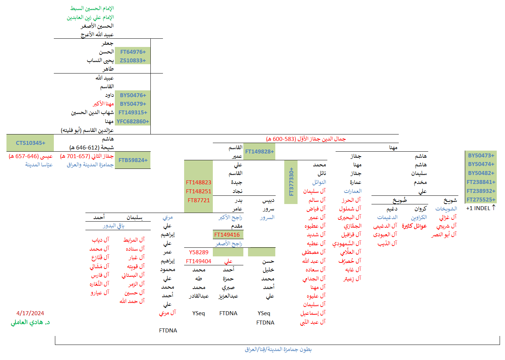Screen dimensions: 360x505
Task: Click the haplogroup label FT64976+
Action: [133, 52]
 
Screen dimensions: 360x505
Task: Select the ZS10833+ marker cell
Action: [133, 61]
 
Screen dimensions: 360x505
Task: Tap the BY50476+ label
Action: [133, 95]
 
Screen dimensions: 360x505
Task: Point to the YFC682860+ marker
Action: [133, 122]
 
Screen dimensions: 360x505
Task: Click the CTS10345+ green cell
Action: [31, 143]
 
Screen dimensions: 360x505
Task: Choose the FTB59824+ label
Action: [133, 160]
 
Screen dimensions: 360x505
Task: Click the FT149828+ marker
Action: [259, 152]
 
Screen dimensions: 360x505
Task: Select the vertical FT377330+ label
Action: [291, 182]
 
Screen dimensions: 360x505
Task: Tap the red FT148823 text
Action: [198, 183]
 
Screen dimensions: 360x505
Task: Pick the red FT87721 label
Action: [198, 200]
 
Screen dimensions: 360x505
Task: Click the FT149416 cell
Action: [227, 235]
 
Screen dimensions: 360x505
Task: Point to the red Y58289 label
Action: [198, 252]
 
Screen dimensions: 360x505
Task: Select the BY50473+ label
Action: [481, 156]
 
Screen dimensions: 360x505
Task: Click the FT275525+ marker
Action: [481, 200]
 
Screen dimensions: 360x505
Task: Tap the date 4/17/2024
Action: [30, 313]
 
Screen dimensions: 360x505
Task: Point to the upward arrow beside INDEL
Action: [494, 208]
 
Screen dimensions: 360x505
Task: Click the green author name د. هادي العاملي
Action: [30, 322]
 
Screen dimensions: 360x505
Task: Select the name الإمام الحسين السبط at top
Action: [92, 8]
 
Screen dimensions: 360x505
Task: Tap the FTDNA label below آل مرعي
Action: [168, 331]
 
